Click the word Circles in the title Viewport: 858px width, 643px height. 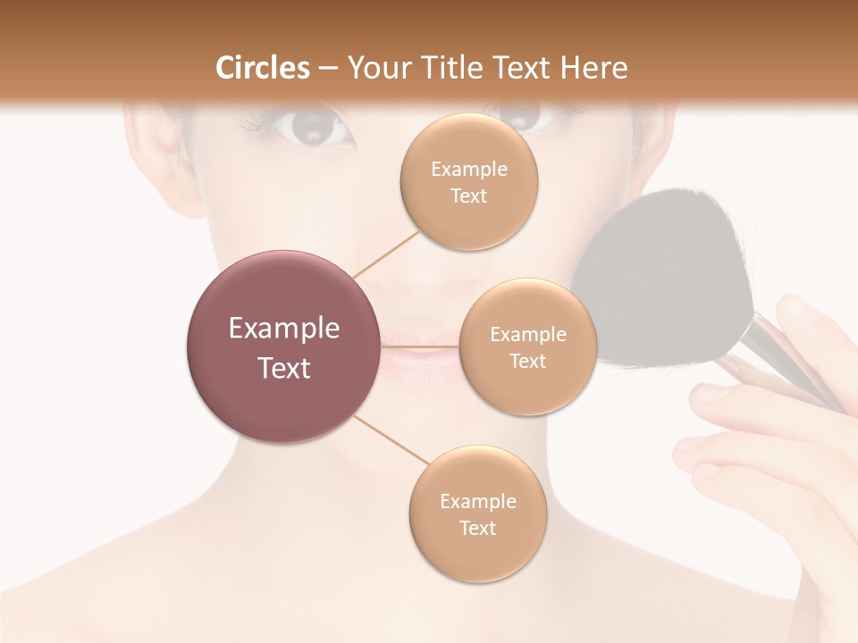[x=263, y=68]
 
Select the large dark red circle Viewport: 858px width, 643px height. [x=283, y=347]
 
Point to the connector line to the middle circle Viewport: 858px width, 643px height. [x=419, y=347]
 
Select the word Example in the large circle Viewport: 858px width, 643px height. [x=283, y=329]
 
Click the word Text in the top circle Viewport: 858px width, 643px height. [x=468, y=196]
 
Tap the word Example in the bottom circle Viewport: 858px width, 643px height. [x=477, y=502]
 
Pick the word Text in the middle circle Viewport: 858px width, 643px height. [x=527, y=362]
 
